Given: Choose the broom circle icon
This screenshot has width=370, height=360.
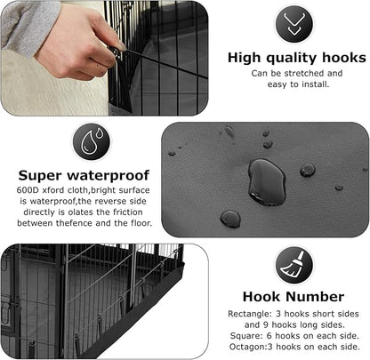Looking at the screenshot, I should (x=293, y=264).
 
